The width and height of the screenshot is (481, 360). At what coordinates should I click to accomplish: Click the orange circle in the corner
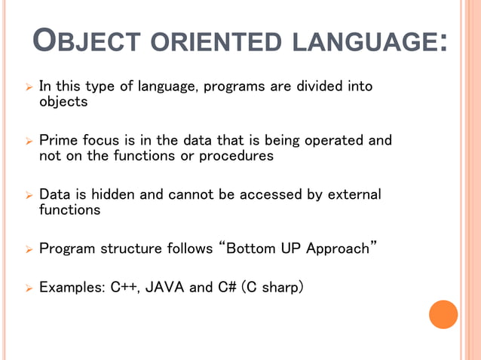(443, 314)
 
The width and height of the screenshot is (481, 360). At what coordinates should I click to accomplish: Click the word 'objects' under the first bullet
(63, 102)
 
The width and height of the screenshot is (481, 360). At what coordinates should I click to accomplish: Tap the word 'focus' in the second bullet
(99, 141)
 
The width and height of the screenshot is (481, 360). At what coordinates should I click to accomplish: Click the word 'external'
(354, 195)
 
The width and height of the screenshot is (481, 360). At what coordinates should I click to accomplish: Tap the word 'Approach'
(336, 249)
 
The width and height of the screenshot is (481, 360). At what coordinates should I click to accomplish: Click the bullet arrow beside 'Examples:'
(28, 288)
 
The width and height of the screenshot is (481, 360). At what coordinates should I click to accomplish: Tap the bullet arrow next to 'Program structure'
(28, 249)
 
